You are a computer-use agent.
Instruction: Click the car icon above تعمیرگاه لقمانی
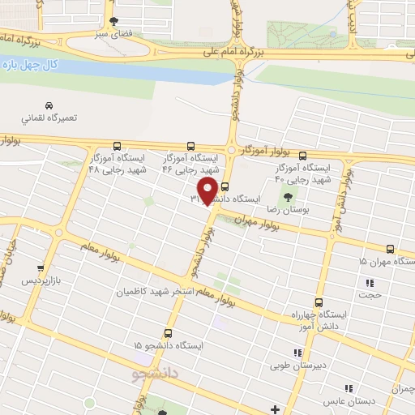49,106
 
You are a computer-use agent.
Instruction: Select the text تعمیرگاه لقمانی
49,118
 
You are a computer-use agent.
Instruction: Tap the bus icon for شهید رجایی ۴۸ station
118,147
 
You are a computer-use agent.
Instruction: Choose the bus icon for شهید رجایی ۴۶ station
190,147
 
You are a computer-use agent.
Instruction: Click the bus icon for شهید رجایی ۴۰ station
303,155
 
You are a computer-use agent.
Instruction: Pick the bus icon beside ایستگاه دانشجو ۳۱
225,186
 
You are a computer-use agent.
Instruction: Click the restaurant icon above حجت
371,284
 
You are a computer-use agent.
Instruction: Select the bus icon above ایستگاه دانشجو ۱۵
169,332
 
